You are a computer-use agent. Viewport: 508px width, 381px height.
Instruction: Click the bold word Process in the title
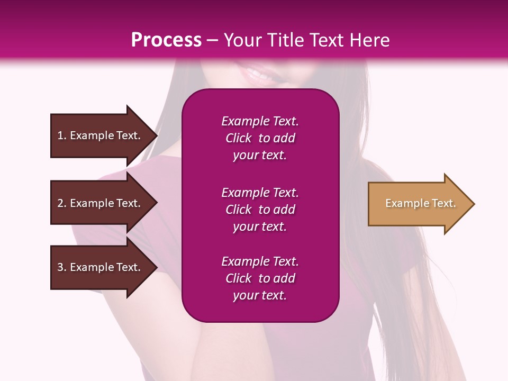(166, 40)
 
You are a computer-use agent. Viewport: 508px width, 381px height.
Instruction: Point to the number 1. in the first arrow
(62, 135)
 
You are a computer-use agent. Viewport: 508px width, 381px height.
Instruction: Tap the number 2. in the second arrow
(62, 203)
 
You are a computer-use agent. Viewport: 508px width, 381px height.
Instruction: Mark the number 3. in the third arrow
(62, 267)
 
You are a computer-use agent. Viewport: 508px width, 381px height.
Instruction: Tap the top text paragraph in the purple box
(260, 138)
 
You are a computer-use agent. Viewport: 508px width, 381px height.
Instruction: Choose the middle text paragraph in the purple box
(260, 210)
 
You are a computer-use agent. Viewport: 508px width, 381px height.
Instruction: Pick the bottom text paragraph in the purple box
(260, 278)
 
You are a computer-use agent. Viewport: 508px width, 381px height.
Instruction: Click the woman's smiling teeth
(256, 72)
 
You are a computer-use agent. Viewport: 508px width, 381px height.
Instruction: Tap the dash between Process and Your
(212, 40)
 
